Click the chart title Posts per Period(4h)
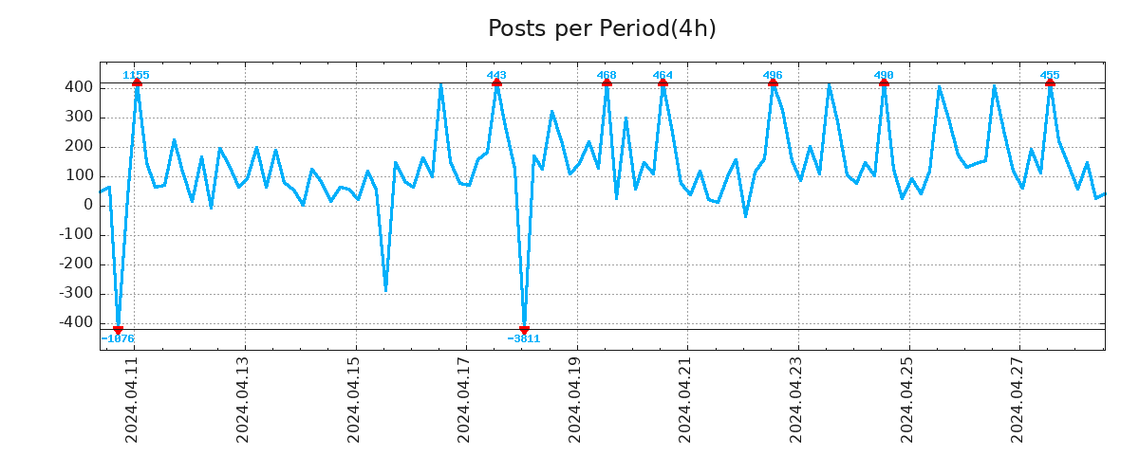[x=602, y=28]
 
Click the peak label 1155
[x=136, y=75]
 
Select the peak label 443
[x=496, y=75]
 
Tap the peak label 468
[x=607, y=75]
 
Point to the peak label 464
[x=663, y=75]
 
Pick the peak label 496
[x=773, y=75]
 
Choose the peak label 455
[x=1050, y=75]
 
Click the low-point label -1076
[x=118, y=338]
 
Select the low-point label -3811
[x=524, y=338]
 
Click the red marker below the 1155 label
[x=137, y=82]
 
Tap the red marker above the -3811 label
[x=524, y=330]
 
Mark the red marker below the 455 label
[x=1050, y=82]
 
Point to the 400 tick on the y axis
[x=79, y=87]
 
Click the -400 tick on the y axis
[x=76, y=323]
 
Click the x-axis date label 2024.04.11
[x=133, y=402]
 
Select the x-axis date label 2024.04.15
[x=354, y=402]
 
